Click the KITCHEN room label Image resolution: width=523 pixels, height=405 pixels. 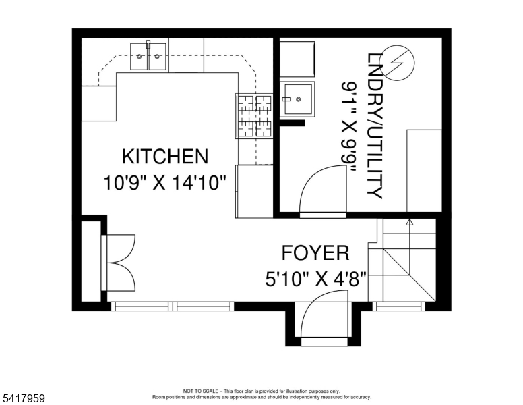[164, 157]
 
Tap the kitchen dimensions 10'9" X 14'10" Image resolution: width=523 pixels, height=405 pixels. [164, 182]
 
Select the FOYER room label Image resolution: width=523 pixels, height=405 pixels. [315, 253]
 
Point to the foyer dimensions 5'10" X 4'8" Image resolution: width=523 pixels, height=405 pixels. [315, 278]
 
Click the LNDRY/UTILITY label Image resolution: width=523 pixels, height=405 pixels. [375, 125]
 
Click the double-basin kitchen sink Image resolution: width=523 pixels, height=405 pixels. [149, 55]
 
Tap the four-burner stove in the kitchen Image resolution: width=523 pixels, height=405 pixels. [253, 115]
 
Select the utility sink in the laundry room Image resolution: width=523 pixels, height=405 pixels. [297, 100]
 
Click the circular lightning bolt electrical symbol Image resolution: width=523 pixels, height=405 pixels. [397, 62]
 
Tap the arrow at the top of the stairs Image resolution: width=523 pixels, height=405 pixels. [408, 221]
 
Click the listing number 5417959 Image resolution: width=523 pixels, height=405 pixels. [24, 398]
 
